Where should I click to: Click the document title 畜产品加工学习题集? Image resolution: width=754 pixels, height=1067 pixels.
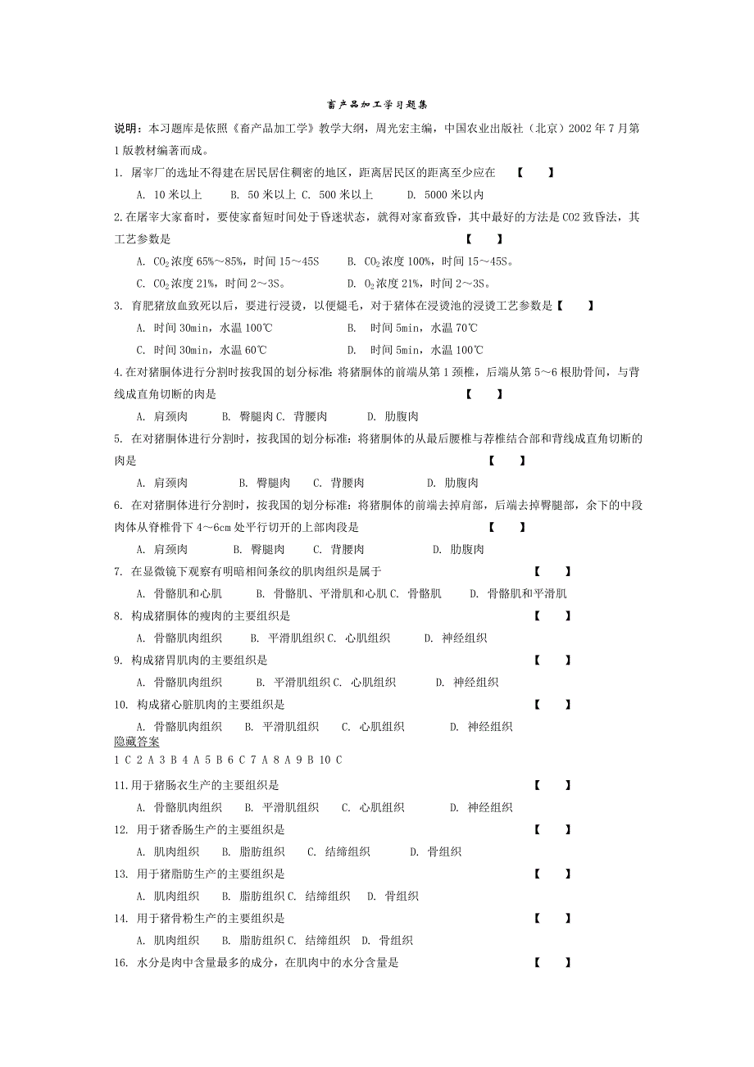point(377,106)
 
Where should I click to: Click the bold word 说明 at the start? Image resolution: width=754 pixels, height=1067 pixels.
point(126,129)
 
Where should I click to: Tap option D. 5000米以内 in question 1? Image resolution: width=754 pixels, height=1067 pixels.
point(445,195)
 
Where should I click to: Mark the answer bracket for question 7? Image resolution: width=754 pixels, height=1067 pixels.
point(553,571)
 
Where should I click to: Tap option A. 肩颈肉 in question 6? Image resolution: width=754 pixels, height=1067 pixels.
point(162,549)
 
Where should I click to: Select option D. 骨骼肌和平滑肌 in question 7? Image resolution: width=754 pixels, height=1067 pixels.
point(518,593)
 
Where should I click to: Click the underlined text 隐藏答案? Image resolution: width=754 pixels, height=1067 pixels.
point(137,742)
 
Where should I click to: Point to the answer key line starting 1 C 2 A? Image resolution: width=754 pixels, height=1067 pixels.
point(228,760)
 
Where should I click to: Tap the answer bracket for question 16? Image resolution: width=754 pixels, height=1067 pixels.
point(553,963)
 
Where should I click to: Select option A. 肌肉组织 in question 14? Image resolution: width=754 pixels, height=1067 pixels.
point(168,940)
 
